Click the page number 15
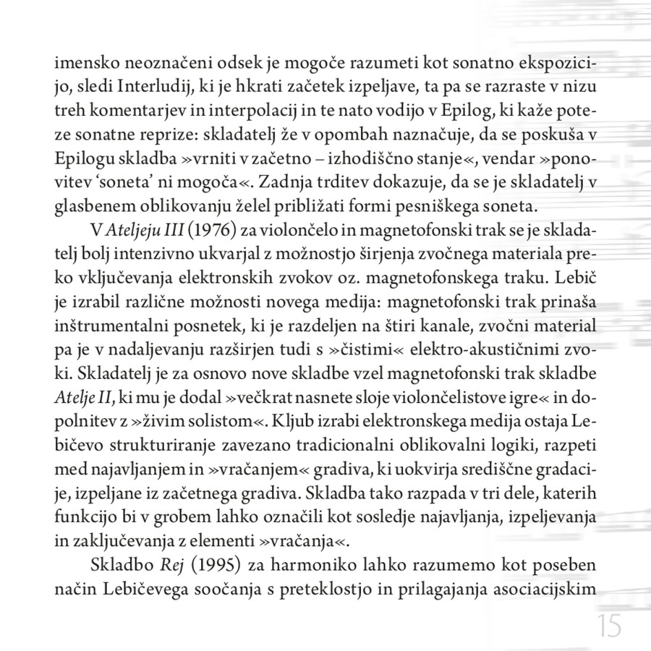click(610, 626)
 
